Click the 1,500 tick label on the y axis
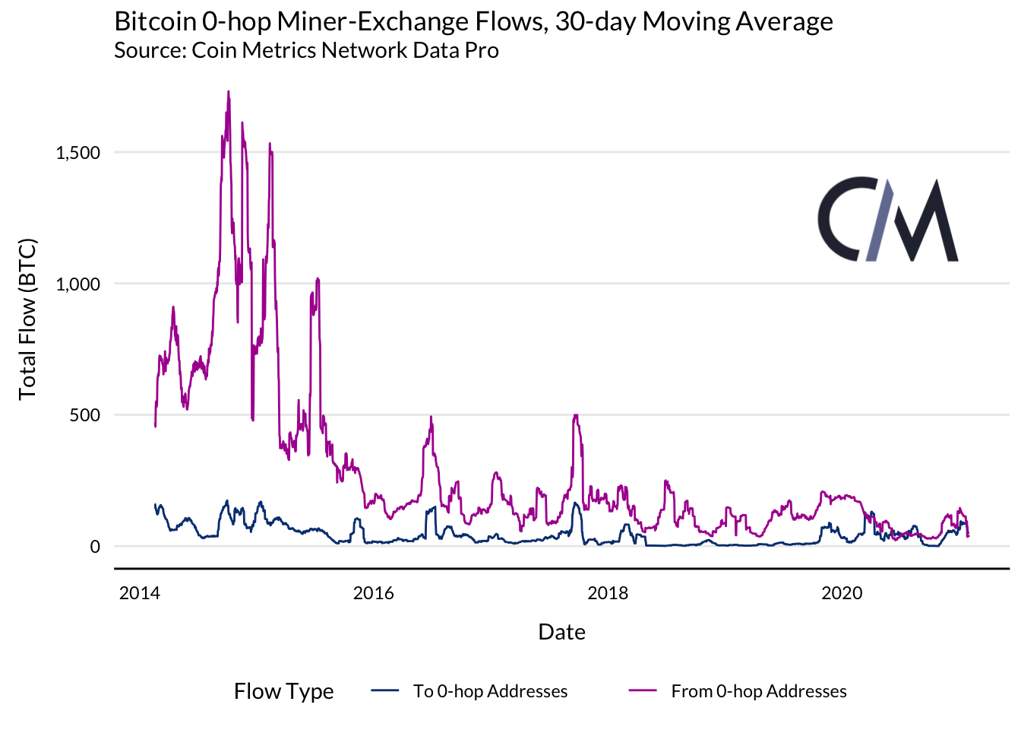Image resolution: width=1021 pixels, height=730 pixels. coord(78,153)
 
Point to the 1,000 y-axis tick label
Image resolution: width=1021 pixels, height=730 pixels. coord(78,284)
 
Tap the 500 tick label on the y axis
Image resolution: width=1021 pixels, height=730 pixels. coord(84,415)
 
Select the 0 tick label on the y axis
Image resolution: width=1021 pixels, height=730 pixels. coord(95,547)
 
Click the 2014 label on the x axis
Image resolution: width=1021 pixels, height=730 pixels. coord(140,593)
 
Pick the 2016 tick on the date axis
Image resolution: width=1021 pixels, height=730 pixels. coord(374,593)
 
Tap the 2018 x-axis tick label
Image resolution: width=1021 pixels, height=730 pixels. coord(608,593)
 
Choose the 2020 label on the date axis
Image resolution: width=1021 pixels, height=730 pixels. coord(842,593)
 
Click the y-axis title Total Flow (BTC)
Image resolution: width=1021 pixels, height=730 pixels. coord(28,319)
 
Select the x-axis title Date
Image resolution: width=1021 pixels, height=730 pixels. coord(561,632)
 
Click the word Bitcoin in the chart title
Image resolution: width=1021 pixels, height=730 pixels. coord(155,21)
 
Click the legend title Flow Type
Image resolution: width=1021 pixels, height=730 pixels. coord(283,691)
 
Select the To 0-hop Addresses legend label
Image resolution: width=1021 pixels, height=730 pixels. coord(490,691)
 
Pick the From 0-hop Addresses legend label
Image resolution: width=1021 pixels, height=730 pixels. coord(758,691)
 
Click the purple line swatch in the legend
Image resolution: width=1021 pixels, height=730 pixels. coord(643,690)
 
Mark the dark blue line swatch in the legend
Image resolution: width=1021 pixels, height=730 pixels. coord(385,690)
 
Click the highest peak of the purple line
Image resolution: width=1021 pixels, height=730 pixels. coord(228,91)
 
